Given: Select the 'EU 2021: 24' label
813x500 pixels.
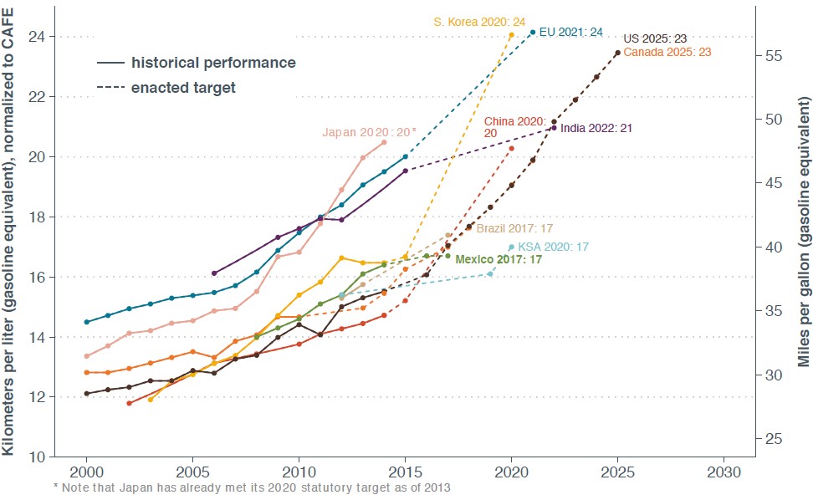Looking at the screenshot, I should [x=570, y=33].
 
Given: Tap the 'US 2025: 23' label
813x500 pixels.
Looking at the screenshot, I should [x=656, y=39].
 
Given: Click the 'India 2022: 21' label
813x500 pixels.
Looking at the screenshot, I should [x=596, y=128].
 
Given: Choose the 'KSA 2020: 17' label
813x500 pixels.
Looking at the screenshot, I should [x=554, y=247].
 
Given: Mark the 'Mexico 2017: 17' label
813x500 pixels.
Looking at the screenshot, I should [x=499, y=260].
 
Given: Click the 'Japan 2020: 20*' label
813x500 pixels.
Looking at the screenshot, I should [x=369, y=132].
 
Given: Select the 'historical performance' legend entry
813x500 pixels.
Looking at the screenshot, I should [x=213, y=63].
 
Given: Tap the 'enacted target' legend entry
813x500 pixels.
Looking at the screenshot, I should [x=183, y=87].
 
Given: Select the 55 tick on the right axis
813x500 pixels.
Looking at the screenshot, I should [x=775, y=55].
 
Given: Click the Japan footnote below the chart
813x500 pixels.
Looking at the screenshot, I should [x=251, y=487].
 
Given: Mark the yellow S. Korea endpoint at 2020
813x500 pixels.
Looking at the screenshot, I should [x=512, y=35].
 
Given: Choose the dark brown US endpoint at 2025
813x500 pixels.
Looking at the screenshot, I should [x=618, y=53].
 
